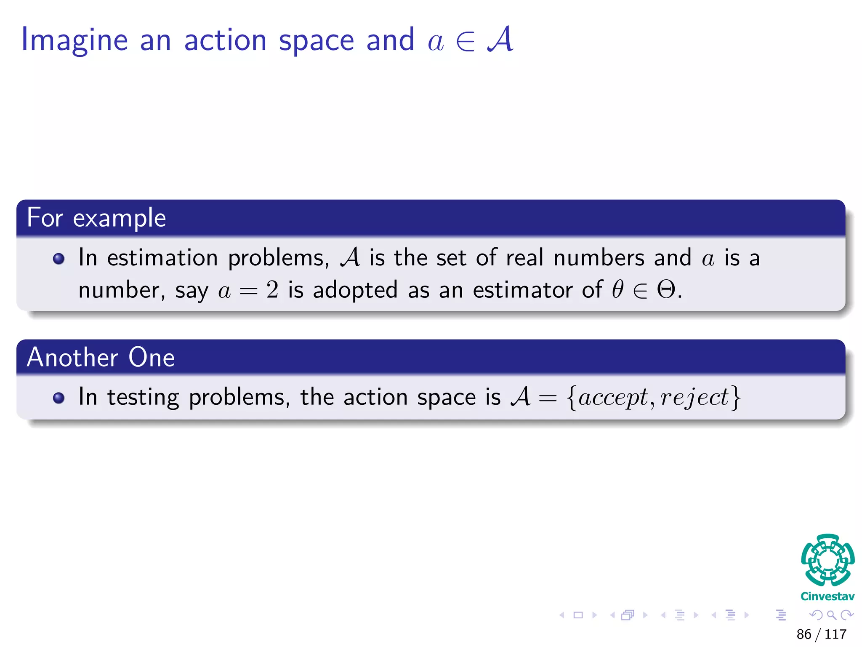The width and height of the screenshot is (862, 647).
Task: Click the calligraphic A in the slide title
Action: tap(500, 39)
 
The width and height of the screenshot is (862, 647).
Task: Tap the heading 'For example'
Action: tap(96, 218)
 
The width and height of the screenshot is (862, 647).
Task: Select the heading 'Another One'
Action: tap(101, 358)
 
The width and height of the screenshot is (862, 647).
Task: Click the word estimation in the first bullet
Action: tap(162, 258)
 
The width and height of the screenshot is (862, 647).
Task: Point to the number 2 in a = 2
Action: tap(272, 290)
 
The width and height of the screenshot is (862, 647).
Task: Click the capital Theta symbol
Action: tap(666, 290)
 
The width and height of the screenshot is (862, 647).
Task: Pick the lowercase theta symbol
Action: tap(618, 290)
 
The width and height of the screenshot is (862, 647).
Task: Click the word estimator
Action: tap(522, 290)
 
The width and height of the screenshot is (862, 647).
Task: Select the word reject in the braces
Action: tap(694, 398)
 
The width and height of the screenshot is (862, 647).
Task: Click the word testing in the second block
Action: tap(143, 398)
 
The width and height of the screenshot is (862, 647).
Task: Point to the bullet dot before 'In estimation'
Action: tap(59, 259)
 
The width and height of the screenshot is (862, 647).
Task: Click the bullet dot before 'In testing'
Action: tap(59, 398)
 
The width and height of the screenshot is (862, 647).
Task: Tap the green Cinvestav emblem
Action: tap(827, 560)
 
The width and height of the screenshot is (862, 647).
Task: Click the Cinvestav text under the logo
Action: tap(827, 596)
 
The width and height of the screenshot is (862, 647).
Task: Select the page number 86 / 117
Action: tap(821, 634)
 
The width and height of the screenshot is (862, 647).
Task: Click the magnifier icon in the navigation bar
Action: tap(831, 615)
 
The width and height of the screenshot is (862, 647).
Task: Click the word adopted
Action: tap(355, 290)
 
